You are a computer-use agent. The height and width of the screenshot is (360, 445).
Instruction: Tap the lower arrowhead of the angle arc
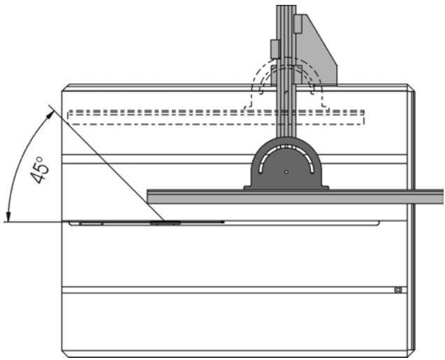(6, 218)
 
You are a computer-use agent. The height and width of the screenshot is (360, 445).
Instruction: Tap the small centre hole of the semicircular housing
(286, 171)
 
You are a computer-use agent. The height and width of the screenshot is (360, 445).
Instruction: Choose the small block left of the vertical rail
(275, 48)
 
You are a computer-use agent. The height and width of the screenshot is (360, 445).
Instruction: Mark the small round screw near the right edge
(397, 289)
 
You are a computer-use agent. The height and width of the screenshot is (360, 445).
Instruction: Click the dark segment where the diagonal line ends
(165, 222)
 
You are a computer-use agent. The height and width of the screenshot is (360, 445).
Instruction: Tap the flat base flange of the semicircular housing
(286, 187)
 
